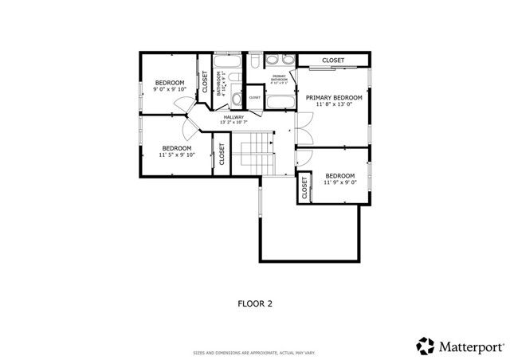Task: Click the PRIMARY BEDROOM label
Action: (334, 98)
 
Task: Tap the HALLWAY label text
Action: (233, 117)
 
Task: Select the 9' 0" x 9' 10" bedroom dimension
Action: (169, 89)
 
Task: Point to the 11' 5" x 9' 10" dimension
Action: (177, 155)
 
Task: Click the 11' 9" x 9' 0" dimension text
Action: (340, 182)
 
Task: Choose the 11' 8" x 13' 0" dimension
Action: (334, 105)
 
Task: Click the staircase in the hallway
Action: (257, 149)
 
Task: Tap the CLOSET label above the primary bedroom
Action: (333, 61)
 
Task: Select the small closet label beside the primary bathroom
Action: (254, 97)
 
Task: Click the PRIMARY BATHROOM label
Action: (279, 77)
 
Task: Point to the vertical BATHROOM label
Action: (218, 82)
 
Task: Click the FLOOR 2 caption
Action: (256, 303)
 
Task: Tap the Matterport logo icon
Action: (425, 346)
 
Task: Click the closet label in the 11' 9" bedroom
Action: (305, 189)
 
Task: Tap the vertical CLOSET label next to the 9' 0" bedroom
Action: (205, 82)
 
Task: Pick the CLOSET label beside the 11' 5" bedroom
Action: (222, 154)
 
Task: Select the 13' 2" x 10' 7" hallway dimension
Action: (233, 123)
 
